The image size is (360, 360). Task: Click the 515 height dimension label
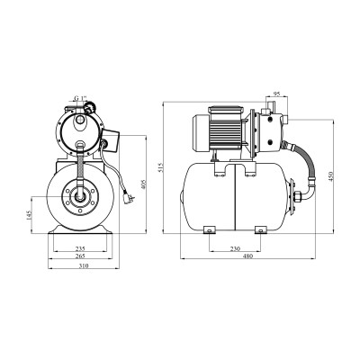[x=160, y=167]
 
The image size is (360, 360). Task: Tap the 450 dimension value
[x=331, y=175]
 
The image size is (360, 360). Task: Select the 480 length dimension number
[x=248, y=256]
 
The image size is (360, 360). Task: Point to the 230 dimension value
[x=235, y=248]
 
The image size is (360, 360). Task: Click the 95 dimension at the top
[x=277, y=94]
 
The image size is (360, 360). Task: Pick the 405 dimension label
[x=143, y=184]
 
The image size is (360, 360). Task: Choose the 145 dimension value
[x=29, y=215]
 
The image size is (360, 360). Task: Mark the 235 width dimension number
[x=80, y=248]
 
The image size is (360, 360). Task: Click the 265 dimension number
[x=80, y=256]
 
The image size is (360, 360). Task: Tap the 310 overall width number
[x=85, y=265]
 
